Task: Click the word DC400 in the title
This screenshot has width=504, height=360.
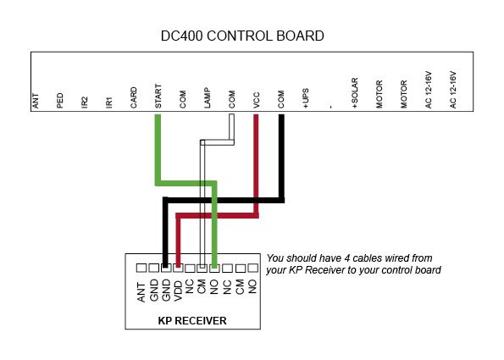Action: tap(181, 36)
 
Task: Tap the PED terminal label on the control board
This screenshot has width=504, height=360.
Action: tap(60, 101)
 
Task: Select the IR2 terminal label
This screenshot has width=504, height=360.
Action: tap(85, 102)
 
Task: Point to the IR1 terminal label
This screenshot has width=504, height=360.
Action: tap(109, 102)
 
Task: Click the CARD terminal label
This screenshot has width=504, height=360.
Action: tap(134, 97)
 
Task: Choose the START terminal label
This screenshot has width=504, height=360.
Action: tap(158, 96)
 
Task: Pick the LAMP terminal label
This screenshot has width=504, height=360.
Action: tap(208, 97)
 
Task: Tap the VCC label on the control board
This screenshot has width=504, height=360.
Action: tap(256, 100)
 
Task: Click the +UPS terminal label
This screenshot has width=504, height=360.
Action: tap(305, 98)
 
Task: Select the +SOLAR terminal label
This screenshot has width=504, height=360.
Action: tap(355, 93)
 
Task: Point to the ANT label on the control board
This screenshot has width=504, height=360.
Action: tap(36, 101)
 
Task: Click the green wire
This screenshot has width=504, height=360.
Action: tap(186, 184)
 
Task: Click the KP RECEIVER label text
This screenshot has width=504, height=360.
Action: tap(192, 320)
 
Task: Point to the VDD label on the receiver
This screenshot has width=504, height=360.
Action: tap(178, 291)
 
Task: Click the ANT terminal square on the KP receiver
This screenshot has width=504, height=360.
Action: tap(141, 268)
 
